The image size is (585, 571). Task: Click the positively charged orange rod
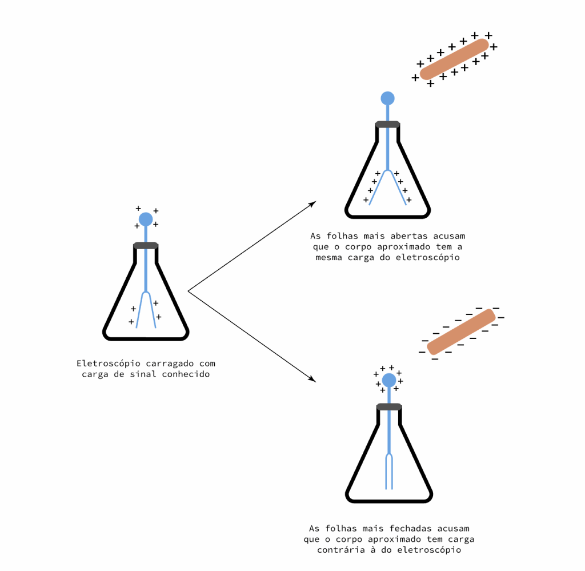click(x=454, y=59)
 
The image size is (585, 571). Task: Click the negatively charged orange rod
click(x=461, y=332)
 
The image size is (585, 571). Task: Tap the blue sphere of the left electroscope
click(x=146, y=219)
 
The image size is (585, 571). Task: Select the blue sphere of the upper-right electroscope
click(x=387, y=98)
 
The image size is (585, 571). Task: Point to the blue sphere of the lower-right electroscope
click(x=389, y=380)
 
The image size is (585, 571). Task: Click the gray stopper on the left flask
click(x=146, y=246)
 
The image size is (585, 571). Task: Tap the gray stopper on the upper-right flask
click(x=387, y=124)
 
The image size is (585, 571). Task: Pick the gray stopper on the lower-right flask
click(x=389, y=406)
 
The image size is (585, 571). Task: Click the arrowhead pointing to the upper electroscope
click(x=312, y=203)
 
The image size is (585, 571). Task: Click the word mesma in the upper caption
click(x=329, y=257)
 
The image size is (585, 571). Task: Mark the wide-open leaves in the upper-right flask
click(x=388, y=186)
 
